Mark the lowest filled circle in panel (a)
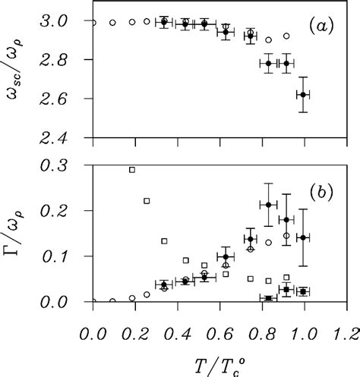(303, 95)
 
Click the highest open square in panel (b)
(132, 169)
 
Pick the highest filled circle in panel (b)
(268, 205)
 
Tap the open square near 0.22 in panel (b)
(147, 201)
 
